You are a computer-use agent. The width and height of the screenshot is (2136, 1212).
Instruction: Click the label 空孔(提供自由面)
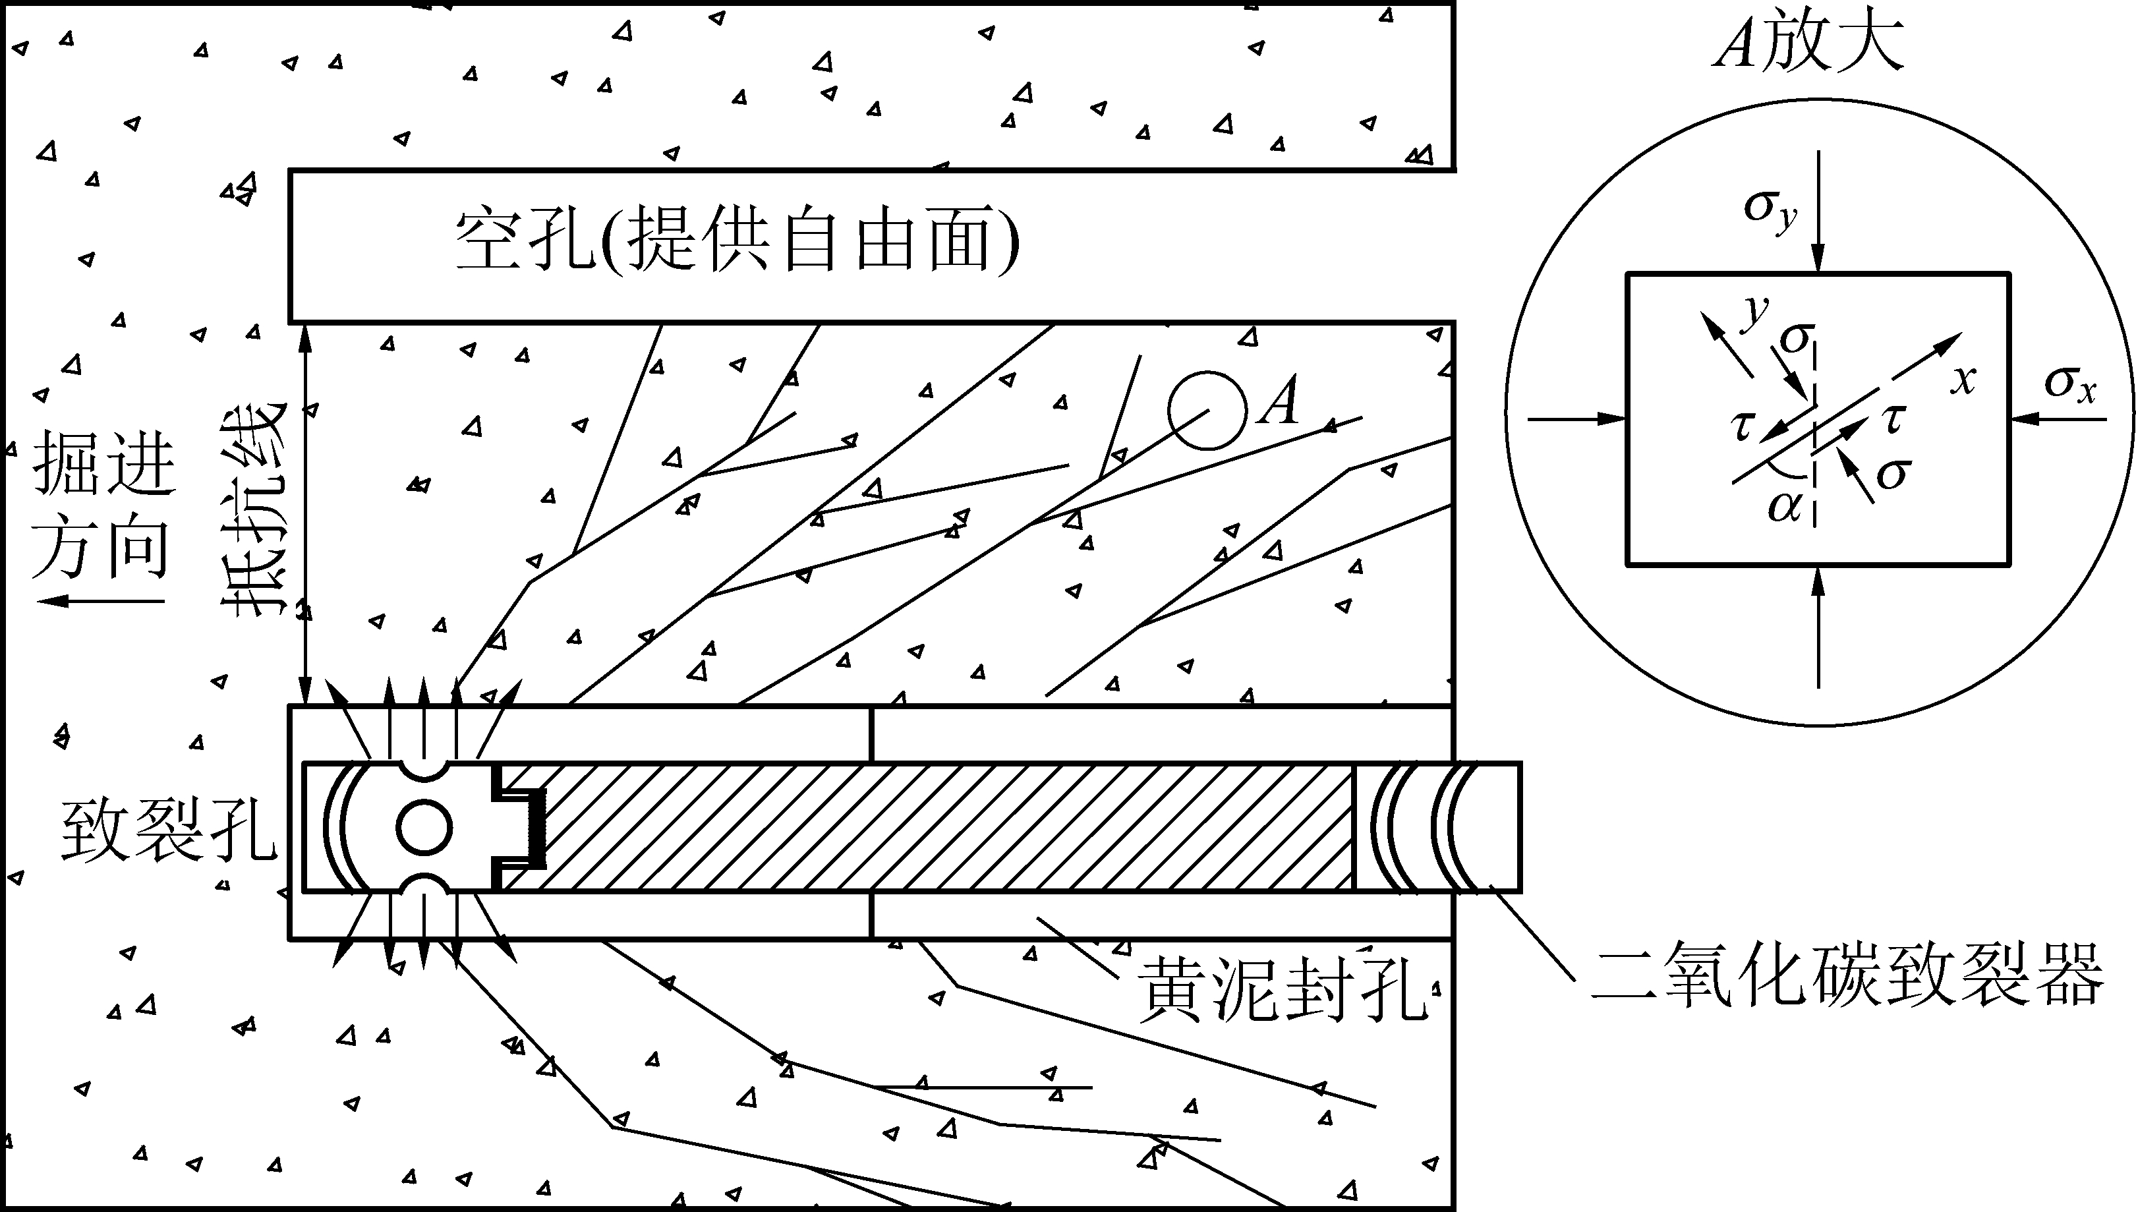tap(737, 241)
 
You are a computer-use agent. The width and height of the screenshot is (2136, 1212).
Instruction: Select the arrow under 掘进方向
tap(100, 601)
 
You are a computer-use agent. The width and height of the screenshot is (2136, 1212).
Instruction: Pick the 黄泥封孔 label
tap(1282, 988)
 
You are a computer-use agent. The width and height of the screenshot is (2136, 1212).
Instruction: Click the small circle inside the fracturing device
tap(424, 827)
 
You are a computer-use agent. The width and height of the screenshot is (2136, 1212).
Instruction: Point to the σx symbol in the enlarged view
tap(2070, 385)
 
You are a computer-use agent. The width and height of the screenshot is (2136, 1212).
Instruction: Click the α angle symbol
tap(1784, 505)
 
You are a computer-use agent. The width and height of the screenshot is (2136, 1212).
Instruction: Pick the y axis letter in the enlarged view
tap(1756, 310)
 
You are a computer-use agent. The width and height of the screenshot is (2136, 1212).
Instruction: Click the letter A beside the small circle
tap(1279, 401)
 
